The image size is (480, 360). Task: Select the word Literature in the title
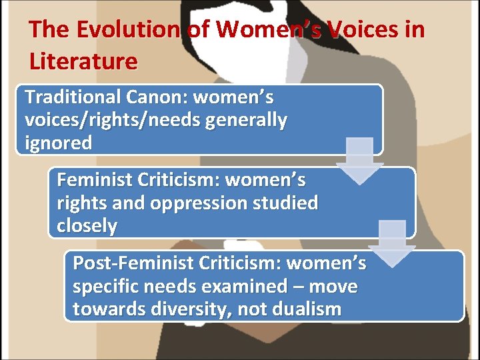pyautogui.click(x=83, y=61)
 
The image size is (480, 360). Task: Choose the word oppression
pyautogui.click(x=200, y=203)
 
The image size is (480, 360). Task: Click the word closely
pyautogui.click(x=87, y=227)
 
